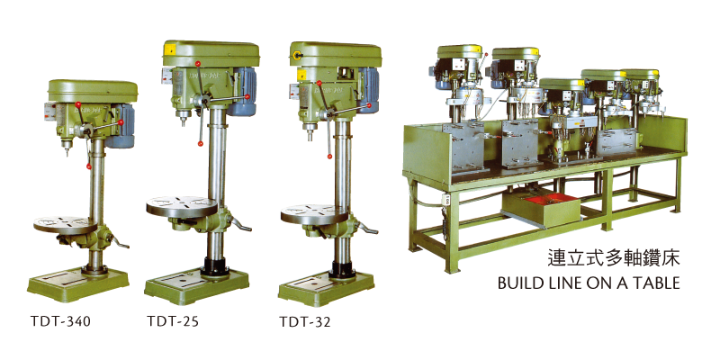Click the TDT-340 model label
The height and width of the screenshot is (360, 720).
click(60, 321)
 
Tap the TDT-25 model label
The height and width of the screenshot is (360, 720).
click(173, 321)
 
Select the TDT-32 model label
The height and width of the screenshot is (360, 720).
click(305, 322)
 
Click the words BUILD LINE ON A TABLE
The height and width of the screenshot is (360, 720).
click(589, 283)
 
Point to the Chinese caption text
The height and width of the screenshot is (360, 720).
click(614, 258)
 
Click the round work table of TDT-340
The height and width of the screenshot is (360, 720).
click(65, 224)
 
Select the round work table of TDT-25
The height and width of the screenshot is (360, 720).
click(182, 206)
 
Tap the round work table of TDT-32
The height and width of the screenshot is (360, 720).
click(314, 214)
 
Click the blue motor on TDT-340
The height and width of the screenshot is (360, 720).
click(121, 125)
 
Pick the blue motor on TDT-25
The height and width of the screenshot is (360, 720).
click(242, 92)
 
